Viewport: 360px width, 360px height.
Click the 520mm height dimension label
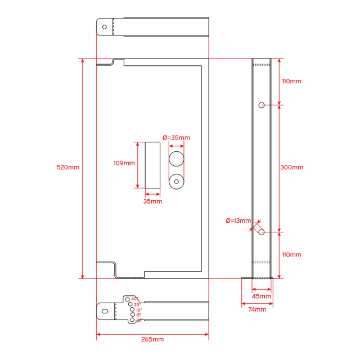click(68, 168)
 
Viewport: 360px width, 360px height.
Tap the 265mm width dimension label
click(152, 339)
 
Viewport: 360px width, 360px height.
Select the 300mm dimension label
click(291, 168)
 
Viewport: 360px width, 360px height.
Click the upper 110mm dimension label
click(291, 81)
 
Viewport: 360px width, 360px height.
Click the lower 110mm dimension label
click(291, 255)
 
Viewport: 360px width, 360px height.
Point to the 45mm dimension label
click(261, 296)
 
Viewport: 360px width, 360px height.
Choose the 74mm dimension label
click(256, 309)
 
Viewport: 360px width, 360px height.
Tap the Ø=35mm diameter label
click(176, 138)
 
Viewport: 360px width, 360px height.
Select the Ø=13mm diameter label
click(238, 220)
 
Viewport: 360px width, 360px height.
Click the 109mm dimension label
click(124, 163)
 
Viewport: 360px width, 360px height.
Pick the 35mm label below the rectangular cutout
click(152, 201)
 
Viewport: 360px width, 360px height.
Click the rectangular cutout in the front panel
click(152, 165)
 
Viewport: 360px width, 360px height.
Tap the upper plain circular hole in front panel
click(177, 159)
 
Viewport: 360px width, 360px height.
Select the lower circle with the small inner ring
click(177, 182)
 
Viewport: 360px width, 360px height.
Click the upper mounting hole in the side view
click(262, 105)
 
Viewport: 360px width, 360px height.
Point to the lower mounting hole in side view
click(262, 232)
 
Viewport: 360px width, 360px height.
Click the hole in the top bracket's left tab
click(105, 26)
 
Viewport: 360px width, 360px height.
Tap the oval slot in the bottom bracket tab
click(105, 310)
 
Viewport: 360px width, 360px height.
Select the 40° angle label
click(134, 299)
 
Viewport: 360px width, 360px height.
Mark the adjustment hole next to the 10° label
click(132, 310)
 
